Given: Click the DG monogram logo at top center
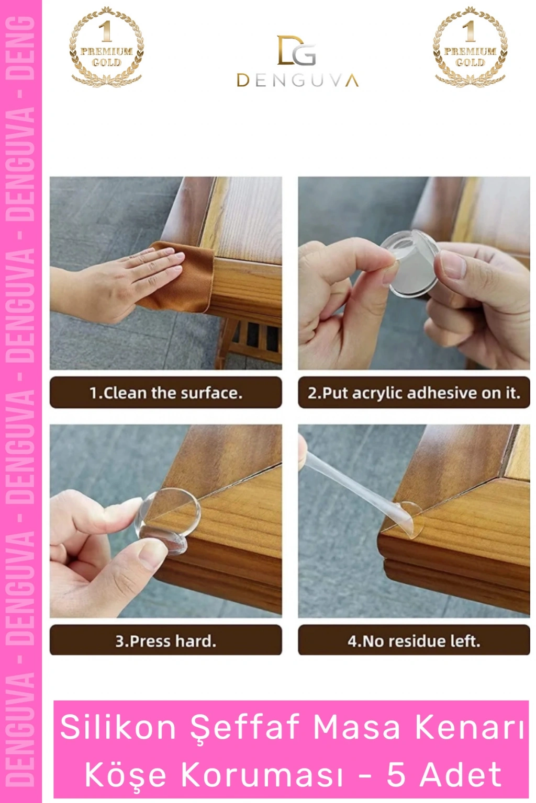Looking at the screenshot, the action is (297, 50).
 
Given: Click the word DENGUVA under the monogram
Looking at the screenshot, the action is (298, 81).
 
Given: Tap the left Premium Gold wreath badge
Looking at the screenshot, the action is (107, 47).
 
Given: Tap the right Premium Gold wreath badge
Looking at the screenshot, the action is (470, 47).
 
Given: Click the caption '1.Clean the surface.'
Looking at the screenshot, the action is (166, 393).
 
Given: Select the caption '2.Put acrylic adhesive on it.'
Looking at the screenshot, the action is (414, 393).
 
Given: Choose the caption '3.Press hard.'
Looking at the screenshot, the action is (166, 641).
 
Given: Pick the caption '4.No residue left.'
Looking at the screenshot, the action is (414, 641).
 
